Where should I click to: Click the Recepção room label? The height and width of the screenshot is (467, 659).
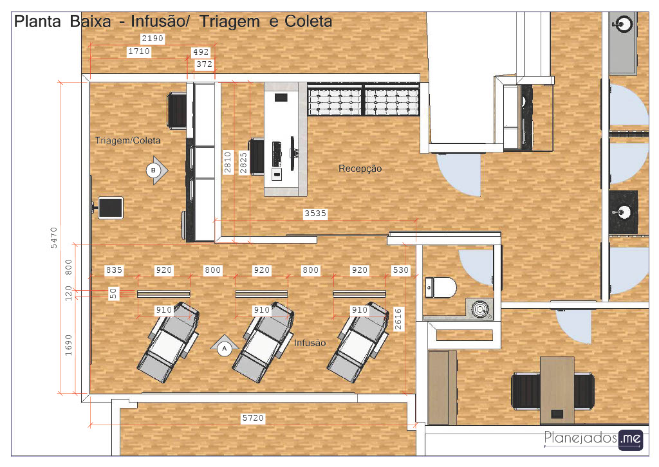[x=360, y=169]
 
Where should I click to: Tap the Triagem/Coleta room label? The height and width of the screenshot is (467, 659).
[x=128, y=140]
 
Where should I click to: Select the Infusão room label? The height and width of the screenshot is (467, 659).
[x=310, y=343]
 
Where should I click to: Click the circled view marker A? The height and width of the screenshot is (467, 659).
[x=225, y=348]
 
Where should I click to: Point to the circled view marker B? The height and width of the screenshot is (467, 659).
[x=153, y=170]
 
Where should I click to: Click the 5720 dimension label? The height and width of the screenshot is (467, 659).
[x=253, y=418]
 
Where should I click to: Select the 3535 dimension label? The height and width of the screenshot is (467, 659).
[x=315, y=214]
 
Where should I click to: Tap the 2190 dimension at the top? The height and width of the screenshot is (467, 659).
[x=152, y=38]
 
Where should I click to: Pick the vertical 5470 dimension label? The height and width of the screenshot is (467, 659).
[x=54, y=238]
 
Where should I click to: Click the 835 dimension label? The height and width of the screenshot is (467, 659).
[x=114, y=270]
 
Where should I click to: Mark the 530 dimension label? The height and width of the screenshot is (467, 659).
[x=400, y=270]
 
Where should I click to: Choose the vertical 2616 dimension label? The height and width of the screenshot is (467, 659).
[x=398, y=319]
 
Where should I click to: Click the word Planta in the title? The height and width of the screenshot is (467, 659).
[x=37, y=21]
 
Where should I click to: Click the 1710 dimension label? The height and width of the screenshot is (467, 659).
[x=139, y=51]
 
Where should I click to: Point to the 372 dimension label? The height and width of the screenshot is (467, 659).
[x=204, y=64]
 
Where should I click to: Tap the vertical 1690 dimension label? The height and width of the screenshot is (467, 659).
[x=68, y=345]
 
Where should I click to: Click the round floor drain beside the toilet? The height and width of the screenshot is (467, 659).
[x=479, y=309]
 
